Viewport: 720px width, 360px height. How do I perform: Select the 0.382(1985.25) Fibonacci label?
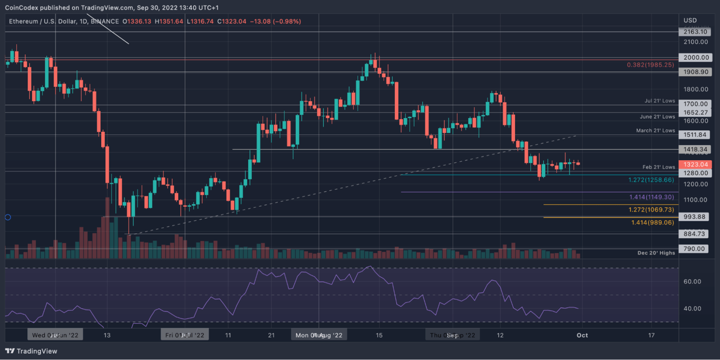pyautogui.click(x=650, y=65)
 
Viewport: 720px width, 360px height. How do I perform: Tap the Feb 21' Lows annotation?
pyautogui.click(x=658, y=167)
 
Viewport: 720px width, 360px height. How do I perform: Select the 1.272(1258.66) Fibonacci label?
pyautogui.click(x=651, y=180)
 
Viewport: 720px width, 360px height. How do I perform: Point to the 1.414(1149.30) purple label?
pyautogui.click(x=651, y=197)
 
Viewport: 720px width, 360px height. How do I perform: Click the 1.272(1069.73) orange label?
pyautogui.click(x=651, y=210)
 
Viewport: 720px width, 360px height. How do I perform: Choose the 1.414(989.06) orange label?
pyautogui.click(x=653, y=223)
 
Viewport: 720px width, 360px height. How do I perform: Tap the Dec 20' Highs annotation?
pyautogui.click(x=656, y=253)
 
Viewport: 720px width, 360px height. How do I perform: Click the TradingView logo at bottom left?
pyautogui.click(x=31, y=351)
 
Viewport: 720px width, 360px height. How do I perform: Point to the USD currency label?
pyautogui.click(x=690, y=21)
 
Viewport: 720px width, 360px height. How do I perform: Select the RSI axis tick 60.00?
pyautogui.click(x=692, y=281)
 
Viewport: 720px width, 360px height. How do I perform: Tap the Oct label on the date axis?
pyautogui.click(x=582, y=335)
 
